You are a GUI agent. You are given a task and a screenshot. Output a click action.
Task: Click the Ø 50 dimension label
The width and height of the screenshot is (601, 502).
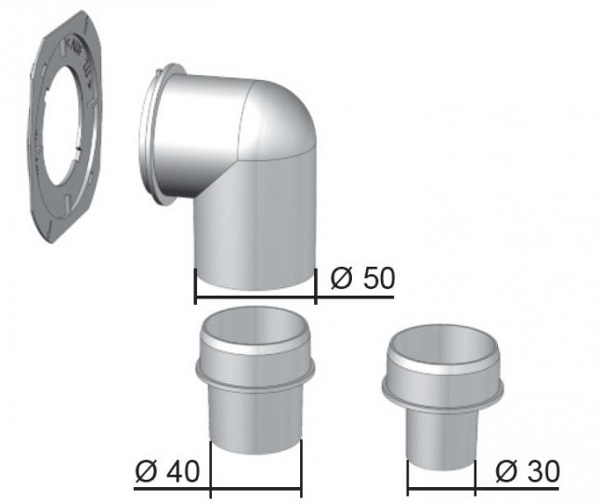pyautogui.click(x=362, y=278)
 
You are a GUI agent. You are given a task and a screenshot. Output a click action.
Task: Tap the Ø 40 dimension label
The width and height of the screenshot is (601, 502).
pyautogui.click(x=167, y=471)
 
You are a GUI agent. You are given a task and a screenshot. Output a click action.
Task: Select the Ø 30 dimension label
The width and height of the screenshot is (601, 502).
pyautogui.click(x=528, y=471)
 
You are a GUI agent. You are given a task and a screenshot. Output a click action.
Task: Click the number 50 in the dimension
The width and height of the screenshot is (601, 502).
pyautogui.click(x=379, y=278)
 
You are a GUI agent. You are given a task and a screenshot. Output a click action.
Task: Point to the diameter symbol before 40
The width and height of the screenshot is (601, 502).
pyautogui.click(x=147, y=471)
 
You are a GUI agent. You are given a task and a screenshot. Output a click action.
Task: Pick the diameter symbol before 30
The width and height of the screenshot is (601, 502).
pyautogui.click(x=506, y=471)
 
